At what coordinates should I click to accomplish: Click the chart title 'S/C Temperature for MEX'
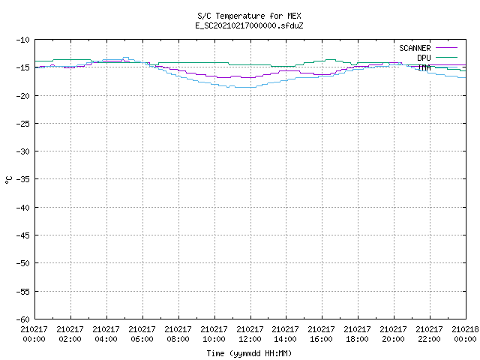click(x=249, y=16)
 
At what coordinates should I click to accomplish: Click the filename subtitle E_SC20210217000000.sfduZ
click(x=249, y=25)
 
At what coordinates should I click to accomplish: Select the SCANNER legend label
click(x=415, y=48)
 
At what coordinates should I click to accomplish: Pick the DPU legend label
click(x=424, y=58)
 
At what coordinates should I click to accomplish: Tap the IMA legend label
click(x=424, y=67)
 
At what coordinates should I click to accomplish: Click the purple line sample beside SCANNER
click(x=446, y=48)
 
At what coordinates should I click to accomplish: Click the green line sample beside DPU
click(x=446, y=57)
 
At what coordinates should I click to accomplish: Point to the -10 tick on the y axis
click(x=23, y=40)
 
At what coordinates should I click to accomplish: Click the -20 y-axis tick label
click(x=23, y=96)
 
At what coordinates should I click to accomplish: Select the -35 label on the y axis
click(x=23, y=179)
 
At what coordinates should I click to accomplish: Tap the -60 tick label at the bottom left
click(x=23, y=319)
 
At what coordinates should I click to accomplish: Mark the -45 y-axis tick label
click(x=23, y=235)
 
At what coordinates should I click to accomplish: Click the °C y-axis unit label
click(x=8, y=180)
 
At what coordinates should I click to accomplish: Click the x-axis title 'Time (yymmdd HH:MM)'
click(x=249, y=353)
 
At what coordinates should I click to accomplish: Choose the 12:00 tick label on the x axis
click(x=250, y=339)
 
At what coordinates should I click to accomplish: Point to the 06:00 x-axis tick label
click(x=142, y=339)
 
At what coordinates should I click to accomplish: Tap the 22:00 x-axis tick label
click(x=429, y=339)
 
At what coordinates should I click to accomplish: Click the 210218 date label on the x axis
click(x=465, y=329)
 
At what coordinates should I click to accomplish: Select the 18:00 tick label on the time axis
click(x=357, y=339)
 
